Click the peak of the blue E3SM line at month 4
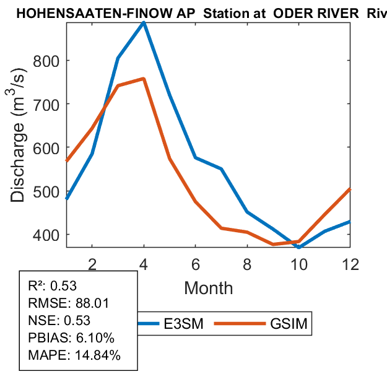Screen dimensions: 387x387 click(x=144, y=23)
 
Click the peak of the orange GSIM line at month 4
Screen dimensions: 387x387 click(x=144, y=79)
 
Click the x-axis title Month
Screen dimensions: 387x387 click(x=209, y=287)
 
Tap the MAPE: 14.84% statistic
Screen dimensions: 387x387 click(x=74, y=355)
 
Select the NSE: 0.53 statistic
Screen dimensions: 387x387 click(x=59, y=320)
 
